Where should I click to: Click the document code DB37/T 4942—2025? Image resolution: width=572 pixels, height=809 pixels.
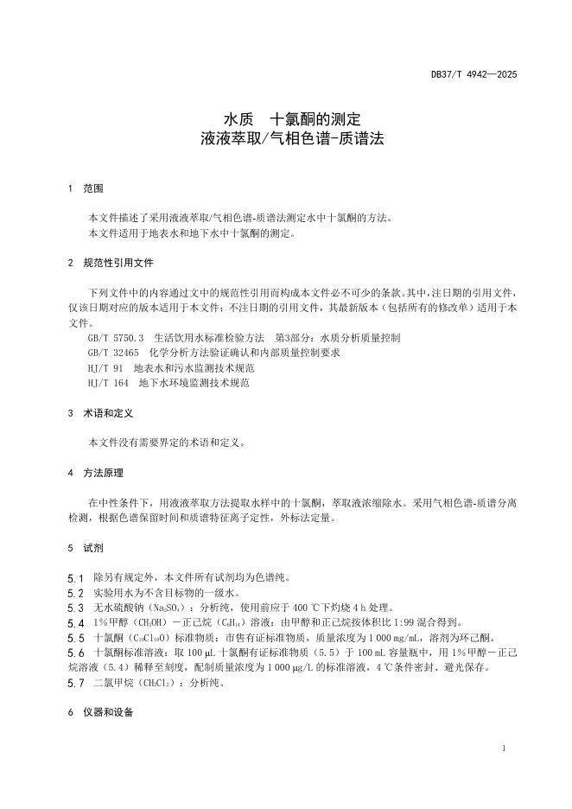click(x=473, y=75)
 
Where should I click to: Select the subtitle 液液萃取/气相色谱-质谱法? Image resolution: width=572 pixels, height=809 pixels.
click(x=286, y=137)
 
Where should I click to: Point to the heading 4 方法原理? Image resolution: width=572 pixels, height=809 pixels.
click(x=95, y=473)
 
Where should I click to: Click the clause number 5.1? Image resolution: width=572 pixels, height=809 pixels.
click(x=74, y=576)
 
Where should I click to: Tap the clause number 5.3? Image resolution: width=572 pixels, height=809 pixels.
click(x=74, y=608)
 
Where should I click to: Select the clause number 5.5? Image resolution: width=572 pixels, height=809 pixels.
click(x=74, y=637)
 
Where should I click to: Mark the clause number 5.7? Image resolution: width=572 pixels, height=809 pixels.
click(x=74, y=683)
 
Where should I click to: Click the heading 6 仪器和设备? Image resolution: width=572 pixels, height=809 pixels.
click(x=99, y=715)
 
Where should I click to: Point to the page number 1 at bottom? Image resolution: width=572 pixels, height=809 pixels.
click(x=503, y=748)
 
